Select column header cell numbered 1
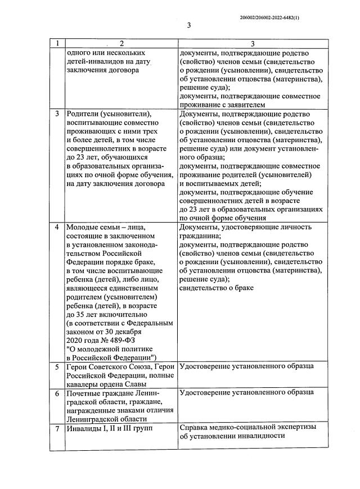pyautogui.click(x=57, y=43)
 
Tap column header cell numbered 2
pyautogui.click(x=121, y=43)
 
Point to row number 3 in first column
pyautogui.click(x=57, y=114)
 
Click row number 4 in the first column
pyautogui.click(x=57, y=228)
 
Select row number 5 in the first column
pyautogui.click(x=57, y=367)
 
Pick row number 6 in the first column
pyautogui.click(x=57, y=393)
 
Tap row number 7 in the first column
pyautogui.click(x=57, y=428)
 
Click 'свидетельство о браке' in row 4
pyautogui.click(x=216, y=288)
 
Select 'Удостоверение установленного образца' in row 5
pyautogui.click(x=246, y=367)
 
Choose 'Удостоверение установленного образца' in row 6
pyautogui.click(x=246, y=393)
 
